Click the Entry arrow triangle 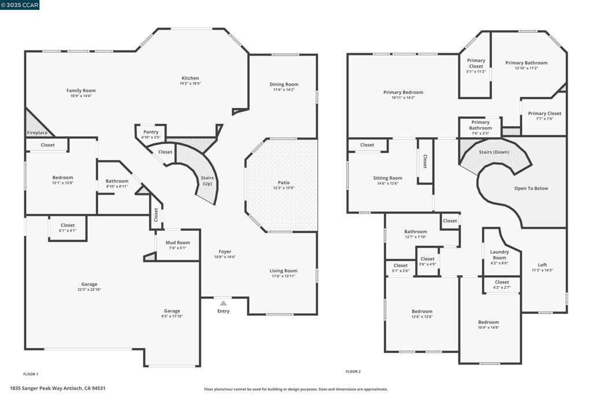tap(224, 303)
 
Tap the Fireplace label tap(38, 132)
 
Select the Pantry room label tap(151, 132)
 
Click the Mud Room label tap(178, 242)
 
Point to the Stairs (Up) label tap(208, 180)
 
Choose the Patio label tap(284, 182)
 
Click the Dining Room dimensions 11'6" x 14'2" tap(283, 90)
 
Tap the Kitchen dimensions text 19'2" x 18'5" tap(190, 83)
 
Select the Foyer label tap(225, 252)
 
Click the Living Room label tap(283, 271)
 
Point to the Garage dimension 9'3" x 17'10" tap(172, 316)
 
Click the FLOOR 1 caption tap(31, 374)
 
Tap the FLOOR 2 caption tap(353, 372)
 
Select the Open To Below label tap(531, 188)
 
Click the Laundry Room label tap(499, 254)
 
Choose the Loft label tap(542, 265)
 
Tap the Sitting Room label tap(388, 178)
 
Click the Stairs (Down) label tap(494, 152)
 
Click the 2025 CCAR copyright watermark tap(20, 5)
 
